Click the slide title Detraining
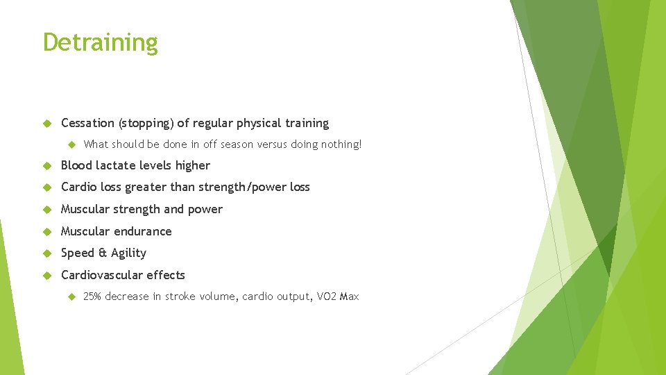coord(101,43)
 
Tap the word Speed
coord(76,253)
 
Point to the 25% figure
coord(92,297)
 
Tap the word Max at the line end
coord(350,297)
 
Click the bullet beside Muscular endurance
coord(48,231)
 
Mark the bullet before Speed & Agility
coord(48,253)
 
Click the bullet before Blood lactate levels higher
coord(48,165)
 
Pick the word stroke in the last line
coord(179,297)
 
